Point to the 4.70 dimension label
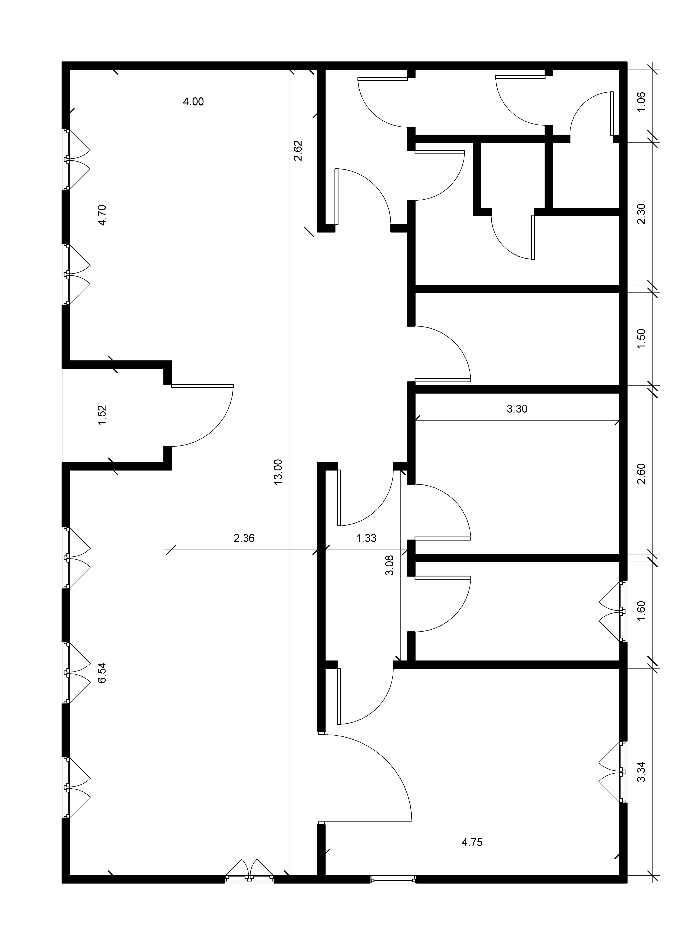(102, 215)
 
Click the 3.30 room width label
(517, 409)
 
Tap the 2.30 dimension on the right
(641, 214)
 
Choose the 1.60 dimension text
(641, 611)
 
